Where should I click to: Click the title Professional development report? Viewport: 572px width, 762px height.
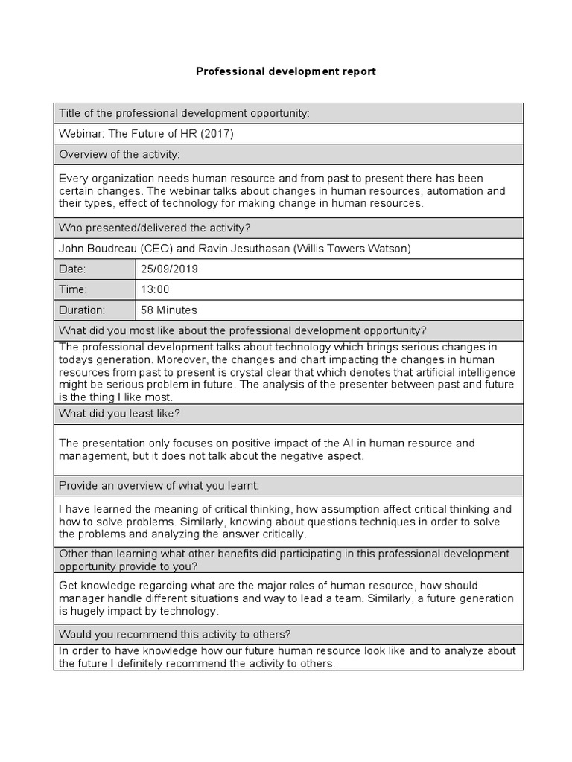coord(286,71)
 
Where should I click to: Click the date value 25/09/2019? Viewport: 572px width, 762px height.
coord(169,269)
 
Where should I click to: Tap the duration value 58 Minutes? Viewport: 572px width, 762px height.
coord(169,310)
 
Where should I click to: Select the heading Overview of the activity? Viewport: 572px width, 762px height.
coord(119,154)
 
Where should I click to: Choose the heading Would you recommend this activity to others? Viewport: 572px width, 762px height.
coord(174,634)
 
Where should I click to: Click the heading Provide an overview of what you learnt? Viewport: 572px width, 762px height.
coord(159,485)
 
